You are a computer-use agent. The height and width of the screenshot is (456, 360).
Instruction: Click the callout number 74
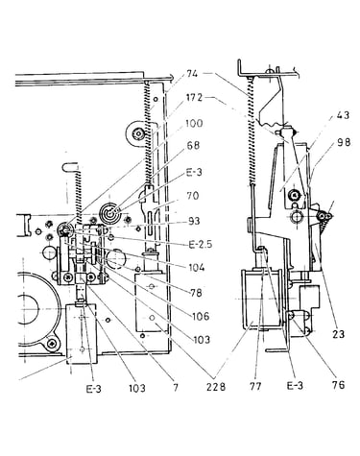pos(193,74)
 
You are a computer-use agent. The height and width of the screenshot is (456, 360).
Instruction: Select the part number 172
pos(194,98)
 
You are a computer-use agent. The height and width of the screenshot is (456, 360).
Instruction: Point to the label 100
pos(194,123)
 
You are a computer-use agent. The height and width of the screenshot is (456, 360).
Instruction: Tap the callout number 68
pos(193,146)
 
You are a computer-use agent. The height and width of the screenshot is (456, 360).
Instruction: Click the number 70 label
pos(192,196)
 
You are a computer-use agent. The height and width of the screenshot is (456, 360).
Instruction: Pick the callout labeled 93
pos(194,221)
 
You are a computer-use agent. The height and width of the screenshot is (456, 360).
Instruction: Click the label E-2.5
pos(201,245)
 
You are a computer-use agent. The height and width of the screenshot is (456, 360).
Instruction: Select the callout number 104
pos(196,267)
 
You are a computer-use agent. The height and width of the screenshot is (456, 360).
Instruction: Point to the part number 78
pos(195,292)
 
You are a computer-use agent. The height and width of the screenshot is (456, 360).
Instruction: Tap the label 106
pos(201,317)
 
